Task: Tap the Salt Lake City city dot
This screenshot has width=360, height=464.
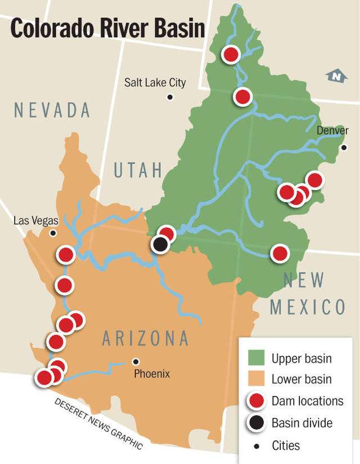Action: point(170,97)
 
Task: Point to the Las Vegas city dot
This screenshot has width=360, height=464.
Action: point(53,233)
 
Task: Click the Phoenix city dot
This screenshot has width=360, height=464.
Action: point(135,361)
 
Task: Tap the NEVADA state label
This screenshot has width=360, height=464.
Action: point(52,110)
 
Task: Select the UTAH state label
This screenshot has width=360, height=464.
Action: point(138,170)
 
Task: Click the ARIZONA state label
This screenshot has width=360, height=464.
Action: point(146,339)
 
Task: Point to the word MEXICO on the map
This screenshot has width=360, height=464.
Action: point(307,307)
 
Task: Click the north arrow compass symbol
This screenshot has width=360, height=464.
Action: point(336,76)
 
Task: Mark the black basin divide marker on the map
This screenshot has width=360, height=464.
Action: point(161,245)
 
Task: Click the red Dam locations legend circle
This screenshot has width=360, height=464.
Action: point(256,401)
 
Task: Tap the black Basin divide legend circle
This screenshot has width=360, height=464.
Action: point(256,423)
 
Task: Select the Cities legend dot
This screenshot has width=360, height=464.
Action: point(256,445)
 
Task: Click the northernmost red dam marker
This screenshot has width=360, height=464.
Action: point(231,55)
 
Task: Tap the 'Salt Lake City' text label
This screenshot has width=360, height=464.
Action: point(155,83)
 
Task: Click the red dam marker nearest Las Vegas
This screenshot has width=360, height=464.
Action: point(66,255)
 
